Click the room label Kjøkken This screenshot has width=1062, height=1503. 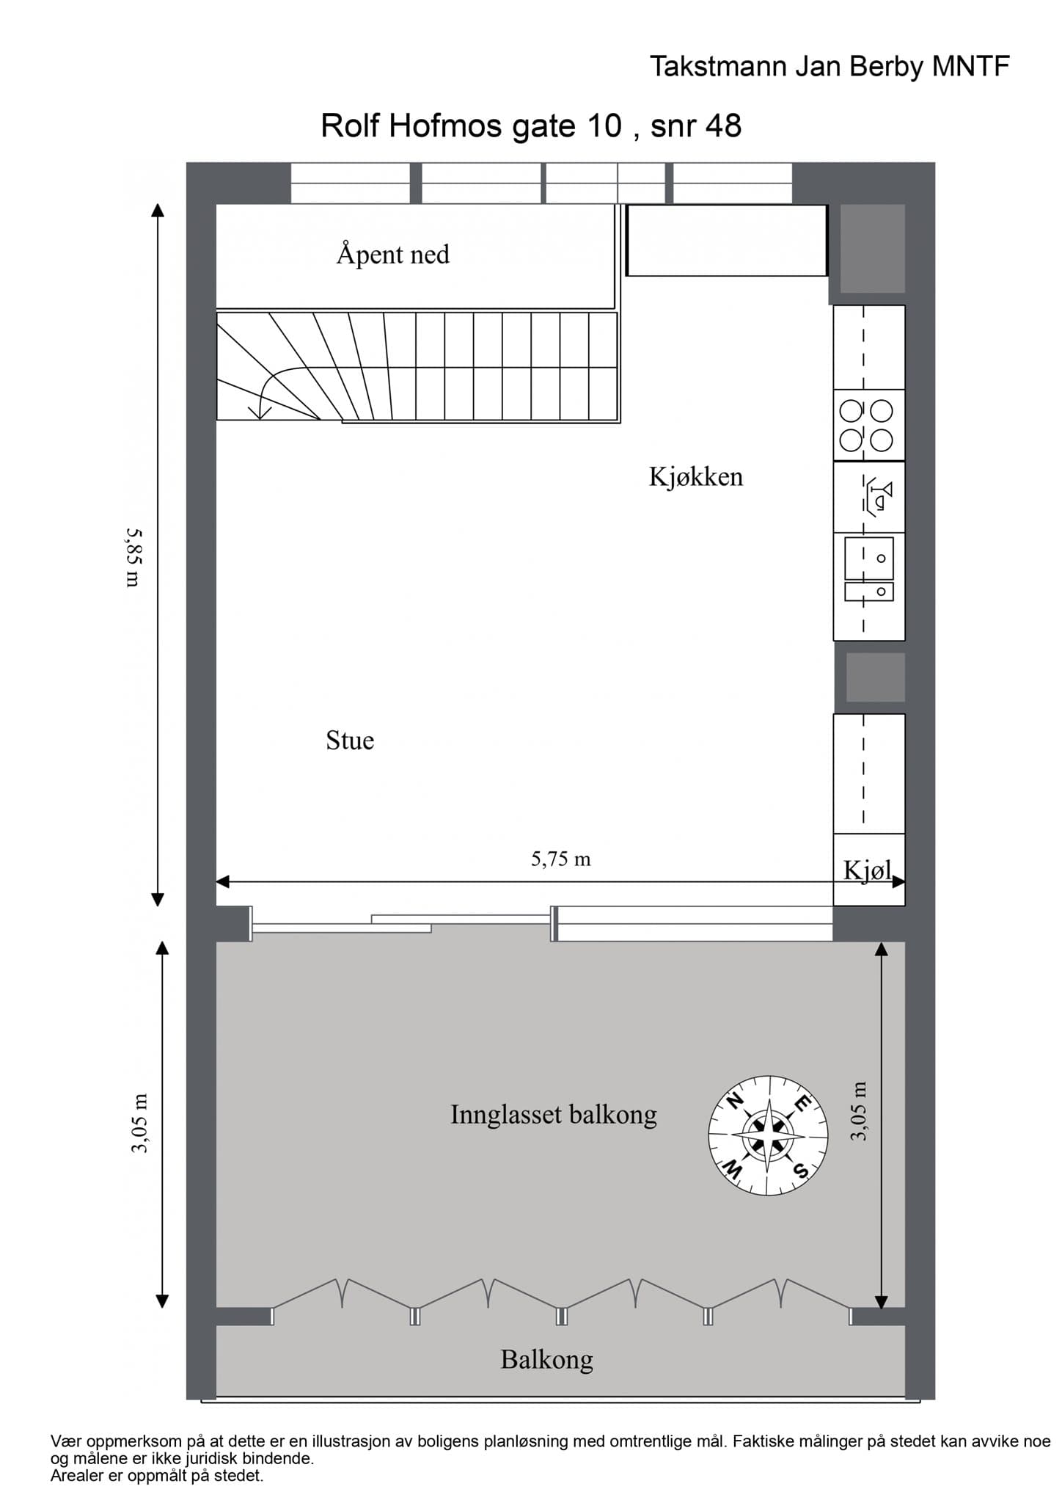click(x=695, y=477)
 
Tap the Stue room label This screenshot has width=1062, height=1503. click(x=350, y=740)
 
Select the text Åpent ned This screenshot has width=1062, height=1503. click(x=392, y=255)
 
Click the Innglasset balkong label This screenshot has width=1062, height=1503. click(x=553, y=1114)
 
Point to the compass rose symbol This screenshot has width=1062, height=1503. click(x=767, y=1135)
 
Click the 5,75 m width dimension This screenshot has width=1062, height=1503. click(x=560, y=859)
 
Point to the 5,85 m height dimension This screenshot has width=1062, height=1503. click(x=133, y=558)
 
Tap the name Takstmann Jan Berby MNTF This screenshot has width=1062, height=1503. click(x=830, y=67)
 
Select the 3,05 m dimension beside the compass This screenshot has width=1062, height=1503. click(x=859, y=1110)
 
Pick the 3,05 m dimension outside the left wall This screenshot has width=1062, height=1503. click(x=139, y=1123)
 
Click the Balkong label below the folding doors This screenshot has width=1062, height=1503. click(x=546, y=1359)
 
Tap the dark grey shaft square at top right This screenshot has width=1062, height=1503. click(x=871, y=249)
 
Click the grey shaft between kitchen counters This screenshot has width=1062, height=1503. click(x=875, y=677)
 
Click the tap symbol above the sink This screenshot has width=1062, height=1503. click(x=878, y=497)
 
